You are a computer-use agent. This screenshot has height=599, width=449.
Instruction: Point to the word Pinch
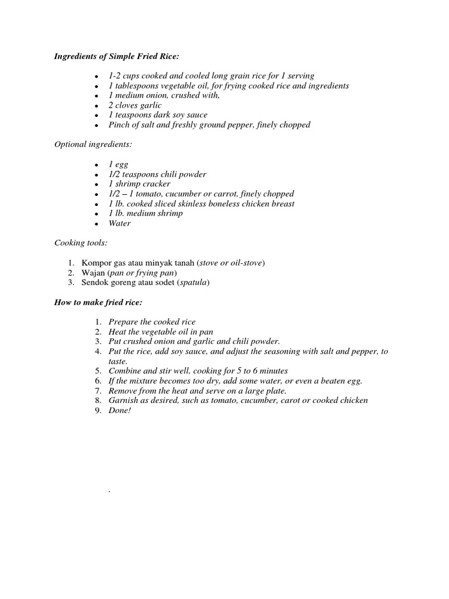point(119,125)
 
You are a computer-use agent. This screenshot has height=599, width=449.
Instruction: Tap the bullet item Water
point(119,223)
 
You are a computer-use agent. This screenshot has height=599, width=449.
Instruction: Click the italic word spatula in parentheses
point(193,283)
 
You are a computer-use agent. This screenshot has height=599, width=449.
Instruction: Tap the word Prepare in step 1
point(122,322)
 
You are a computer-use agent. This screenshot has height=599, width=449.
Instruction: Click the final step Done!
point(120,411)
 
